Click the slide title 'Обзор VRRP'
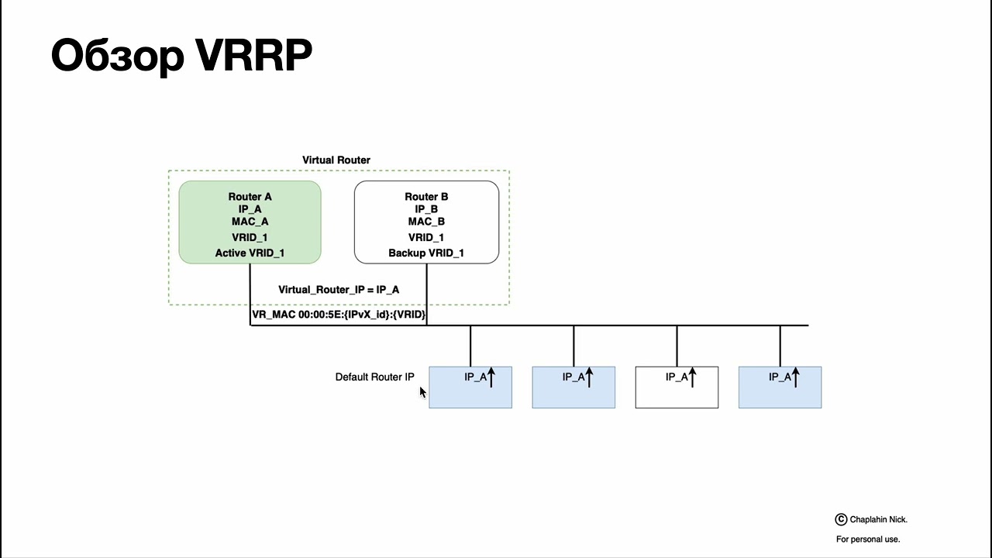[x=181, y=56]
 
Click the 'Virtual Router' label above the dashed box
[x=336, y=160]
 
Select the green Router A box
[x=250, y=222]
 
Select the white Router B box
[x=426, y=222]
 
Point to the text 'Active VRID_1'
[x=250, y=253]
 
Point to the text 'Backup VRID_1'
[x=426, y=253]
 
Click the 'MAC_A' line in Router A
[x=250, y=222]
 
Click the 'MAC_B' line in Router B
[x=426, y=222]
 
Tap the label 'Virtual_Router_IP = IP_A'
[x=339, y=290]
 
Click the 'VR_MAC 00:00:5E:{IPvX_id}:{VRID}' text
[x=339, y=315]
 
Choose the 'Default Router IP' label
[x=374, y=377]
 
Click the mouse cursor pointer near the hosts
[x=422, y=392]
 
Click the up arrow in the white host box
[x=692, y=377]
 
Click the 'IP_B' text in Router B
[x=426, y=209]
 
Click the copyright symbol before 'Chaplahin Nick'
[x=841, y=519]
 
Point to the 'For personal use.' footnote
[x=868, y=539]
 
